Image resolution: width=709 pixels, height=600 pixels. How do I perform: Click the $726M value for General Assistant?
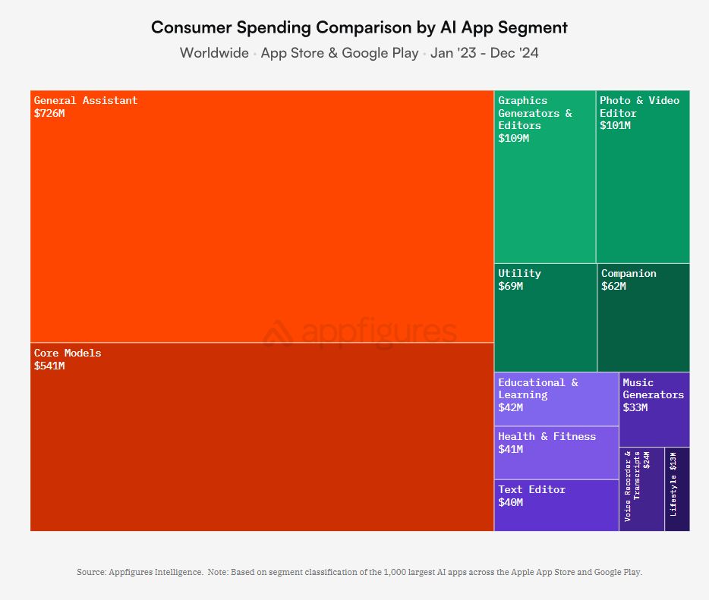[49, 113]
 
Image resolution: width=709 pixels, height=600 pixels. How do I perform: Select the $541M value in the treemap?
[49, 366]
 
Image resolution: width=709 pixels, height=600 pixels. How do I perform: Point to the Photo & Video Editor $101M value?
[615, 125]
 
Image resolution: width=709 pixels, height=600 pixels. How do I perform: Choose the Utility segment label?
[519, 273]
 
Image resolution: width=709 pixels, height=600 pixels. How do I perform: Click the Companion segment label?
[629, 273]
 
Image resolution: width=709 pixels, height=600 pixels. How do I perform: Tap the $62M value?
[613, 286]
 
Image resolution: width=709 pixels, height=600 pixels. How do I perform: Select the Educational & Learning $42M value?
[510, 407]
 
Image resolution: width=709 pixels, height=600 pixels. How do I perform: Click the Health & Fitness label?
[547, 436]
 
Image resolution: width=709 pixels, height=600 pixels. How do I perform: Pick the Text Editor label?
[531, 489]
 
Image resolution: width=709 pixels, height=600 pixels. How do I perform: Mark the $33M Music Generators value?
[635, 407]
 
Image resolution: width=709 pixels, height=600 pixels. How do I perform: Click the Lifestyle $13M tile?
[676, 488]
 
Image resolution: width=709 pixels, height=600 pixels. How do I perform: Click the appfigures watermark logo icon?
[279, 332]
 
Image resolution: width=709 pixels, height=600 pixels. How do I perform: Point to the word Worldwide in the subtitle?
[214, 53]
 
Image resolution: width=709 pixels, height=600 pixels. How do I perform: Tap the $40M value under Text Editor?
[510, 502]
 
